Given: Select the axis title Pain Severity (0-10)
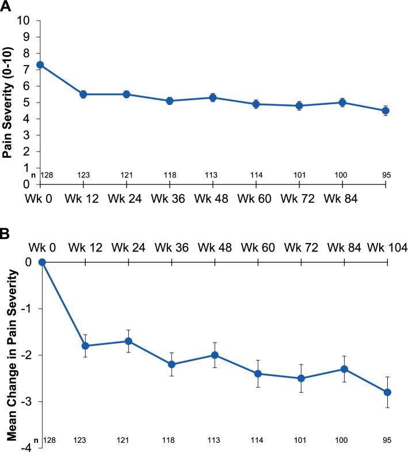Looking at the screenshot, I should [8, 102].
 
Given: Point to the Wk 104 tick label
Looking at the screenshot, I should [388, 248].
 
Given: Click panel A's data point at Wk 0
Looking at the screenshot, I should [40, 64].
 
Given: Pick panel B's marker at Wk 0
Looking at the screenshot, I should [42, 262].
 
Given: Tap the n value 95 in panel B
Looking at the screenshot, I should [387, 440].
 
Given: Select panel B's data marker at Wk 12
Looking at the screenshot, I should [85, 345].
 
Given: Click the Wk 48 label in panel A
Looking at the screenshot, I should [212, 199].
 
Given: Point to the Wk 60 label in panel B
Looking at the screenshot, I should [258, 248].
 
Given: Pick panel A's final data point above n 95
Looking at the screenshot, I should [386, 111].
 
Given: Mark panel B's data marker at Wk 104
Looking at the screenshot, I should [387, 392].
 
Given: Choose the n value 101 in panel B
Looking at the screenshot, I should [301, 440].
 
